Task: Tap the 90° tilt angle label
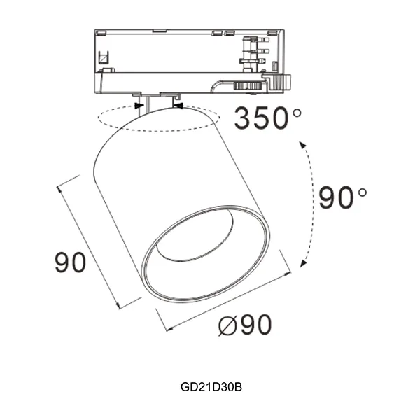click(342, 198)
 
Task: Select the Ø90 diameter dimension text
click(244, 325)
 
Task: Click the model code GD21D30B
click(210, 386)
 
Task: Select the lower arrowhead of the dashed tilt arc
click(302, 262)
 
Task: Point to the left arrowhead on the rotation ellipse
click(140, 106)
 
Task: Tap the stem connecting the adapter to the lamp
click(157, 104)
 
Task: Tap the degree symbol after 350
click(298, 111)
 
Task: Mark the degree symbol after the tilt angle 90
click(362, 191)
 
